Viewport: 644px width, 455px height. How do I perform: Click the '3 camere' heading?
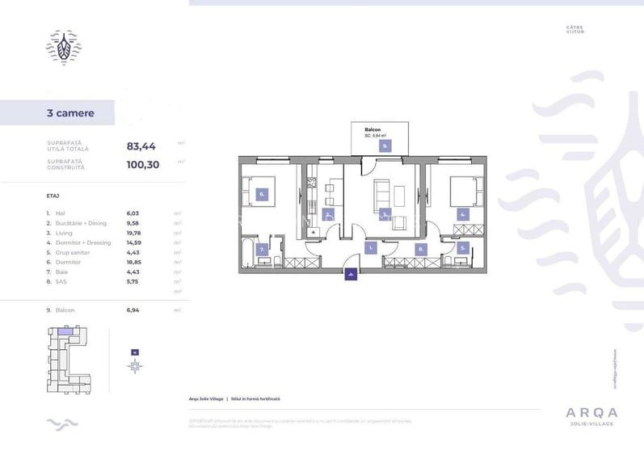point(70,113)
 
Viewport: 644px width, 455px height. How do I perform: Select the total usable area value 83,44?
point(141,146)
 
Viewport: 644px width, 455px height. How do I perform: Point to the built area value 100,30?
point(143,164)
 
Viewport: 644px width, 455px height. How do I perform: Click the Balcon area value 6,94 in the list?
point(133,310)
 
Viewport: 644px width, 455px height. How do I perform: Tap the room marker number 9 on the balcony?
point(385,146)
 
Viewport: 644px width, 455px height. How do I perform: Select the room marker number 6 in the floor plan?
point(263,195)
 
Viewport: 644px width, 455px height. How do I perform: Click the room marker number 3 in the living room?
point(385,214)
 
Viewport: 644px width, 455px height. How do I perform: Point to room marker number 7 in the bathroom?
point(262,250)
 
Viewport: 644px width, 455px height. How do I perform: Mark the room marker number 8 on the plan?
point(420,250)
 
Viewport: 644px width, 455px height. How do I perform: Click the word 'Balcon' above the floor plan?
point(373,129)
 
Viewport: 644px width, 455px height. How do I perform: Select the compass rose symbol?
point(135,365)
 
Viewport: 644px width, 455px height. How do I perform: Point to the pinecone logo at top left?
point(63,48)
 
